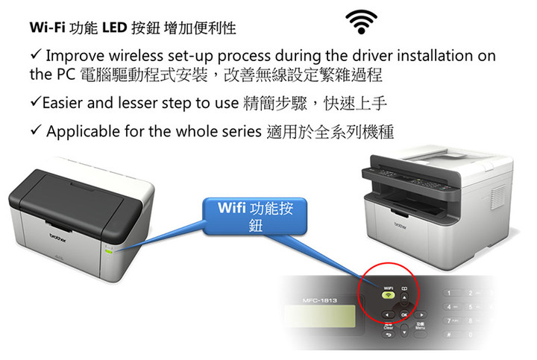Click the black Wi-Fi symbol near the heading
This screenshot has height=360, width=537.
(361, 22)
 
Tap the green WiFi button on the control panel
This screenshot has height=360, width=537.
(388, 295)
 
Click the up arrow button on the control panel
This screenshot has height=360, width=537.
(404, 297)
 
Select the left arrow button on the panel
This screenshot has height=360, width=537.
(388, 315)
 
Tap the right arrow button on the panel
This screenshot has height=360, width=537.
(421, 315)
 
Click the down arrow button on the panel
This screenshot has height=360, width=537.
(404, 332)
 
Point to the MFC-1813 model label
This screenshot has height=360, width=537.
(320, 300)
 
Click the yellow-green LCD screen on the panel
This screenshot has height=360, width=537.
(320, 316)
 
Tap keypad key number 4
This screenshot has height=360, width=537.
(450, 307)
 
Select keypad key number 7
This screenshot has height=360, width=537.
(450, 320)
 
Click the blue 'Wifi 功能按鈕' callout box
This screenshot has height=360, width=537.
(255, 216)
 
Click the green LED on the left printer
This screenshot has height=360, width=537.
(109, 251)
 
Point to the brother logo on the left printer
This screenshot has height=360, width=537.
(57, 238)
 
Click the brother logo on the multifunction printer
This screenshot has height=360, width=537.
(401, 226)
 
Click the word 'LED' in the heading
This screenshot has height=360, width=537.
(115, 28)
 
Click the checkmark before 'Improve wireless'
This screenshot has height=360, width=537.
(36, 54)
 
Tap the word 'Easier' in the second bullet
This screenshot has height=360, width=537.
(63, 103)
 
